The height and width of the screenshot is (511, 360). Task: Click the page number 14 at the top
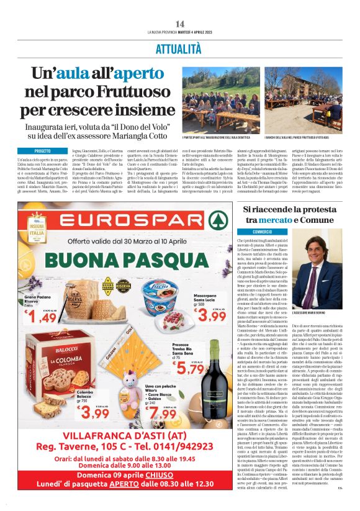(180, 24)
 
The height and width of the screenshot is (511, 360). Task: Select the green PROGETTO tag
(43, 151)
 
